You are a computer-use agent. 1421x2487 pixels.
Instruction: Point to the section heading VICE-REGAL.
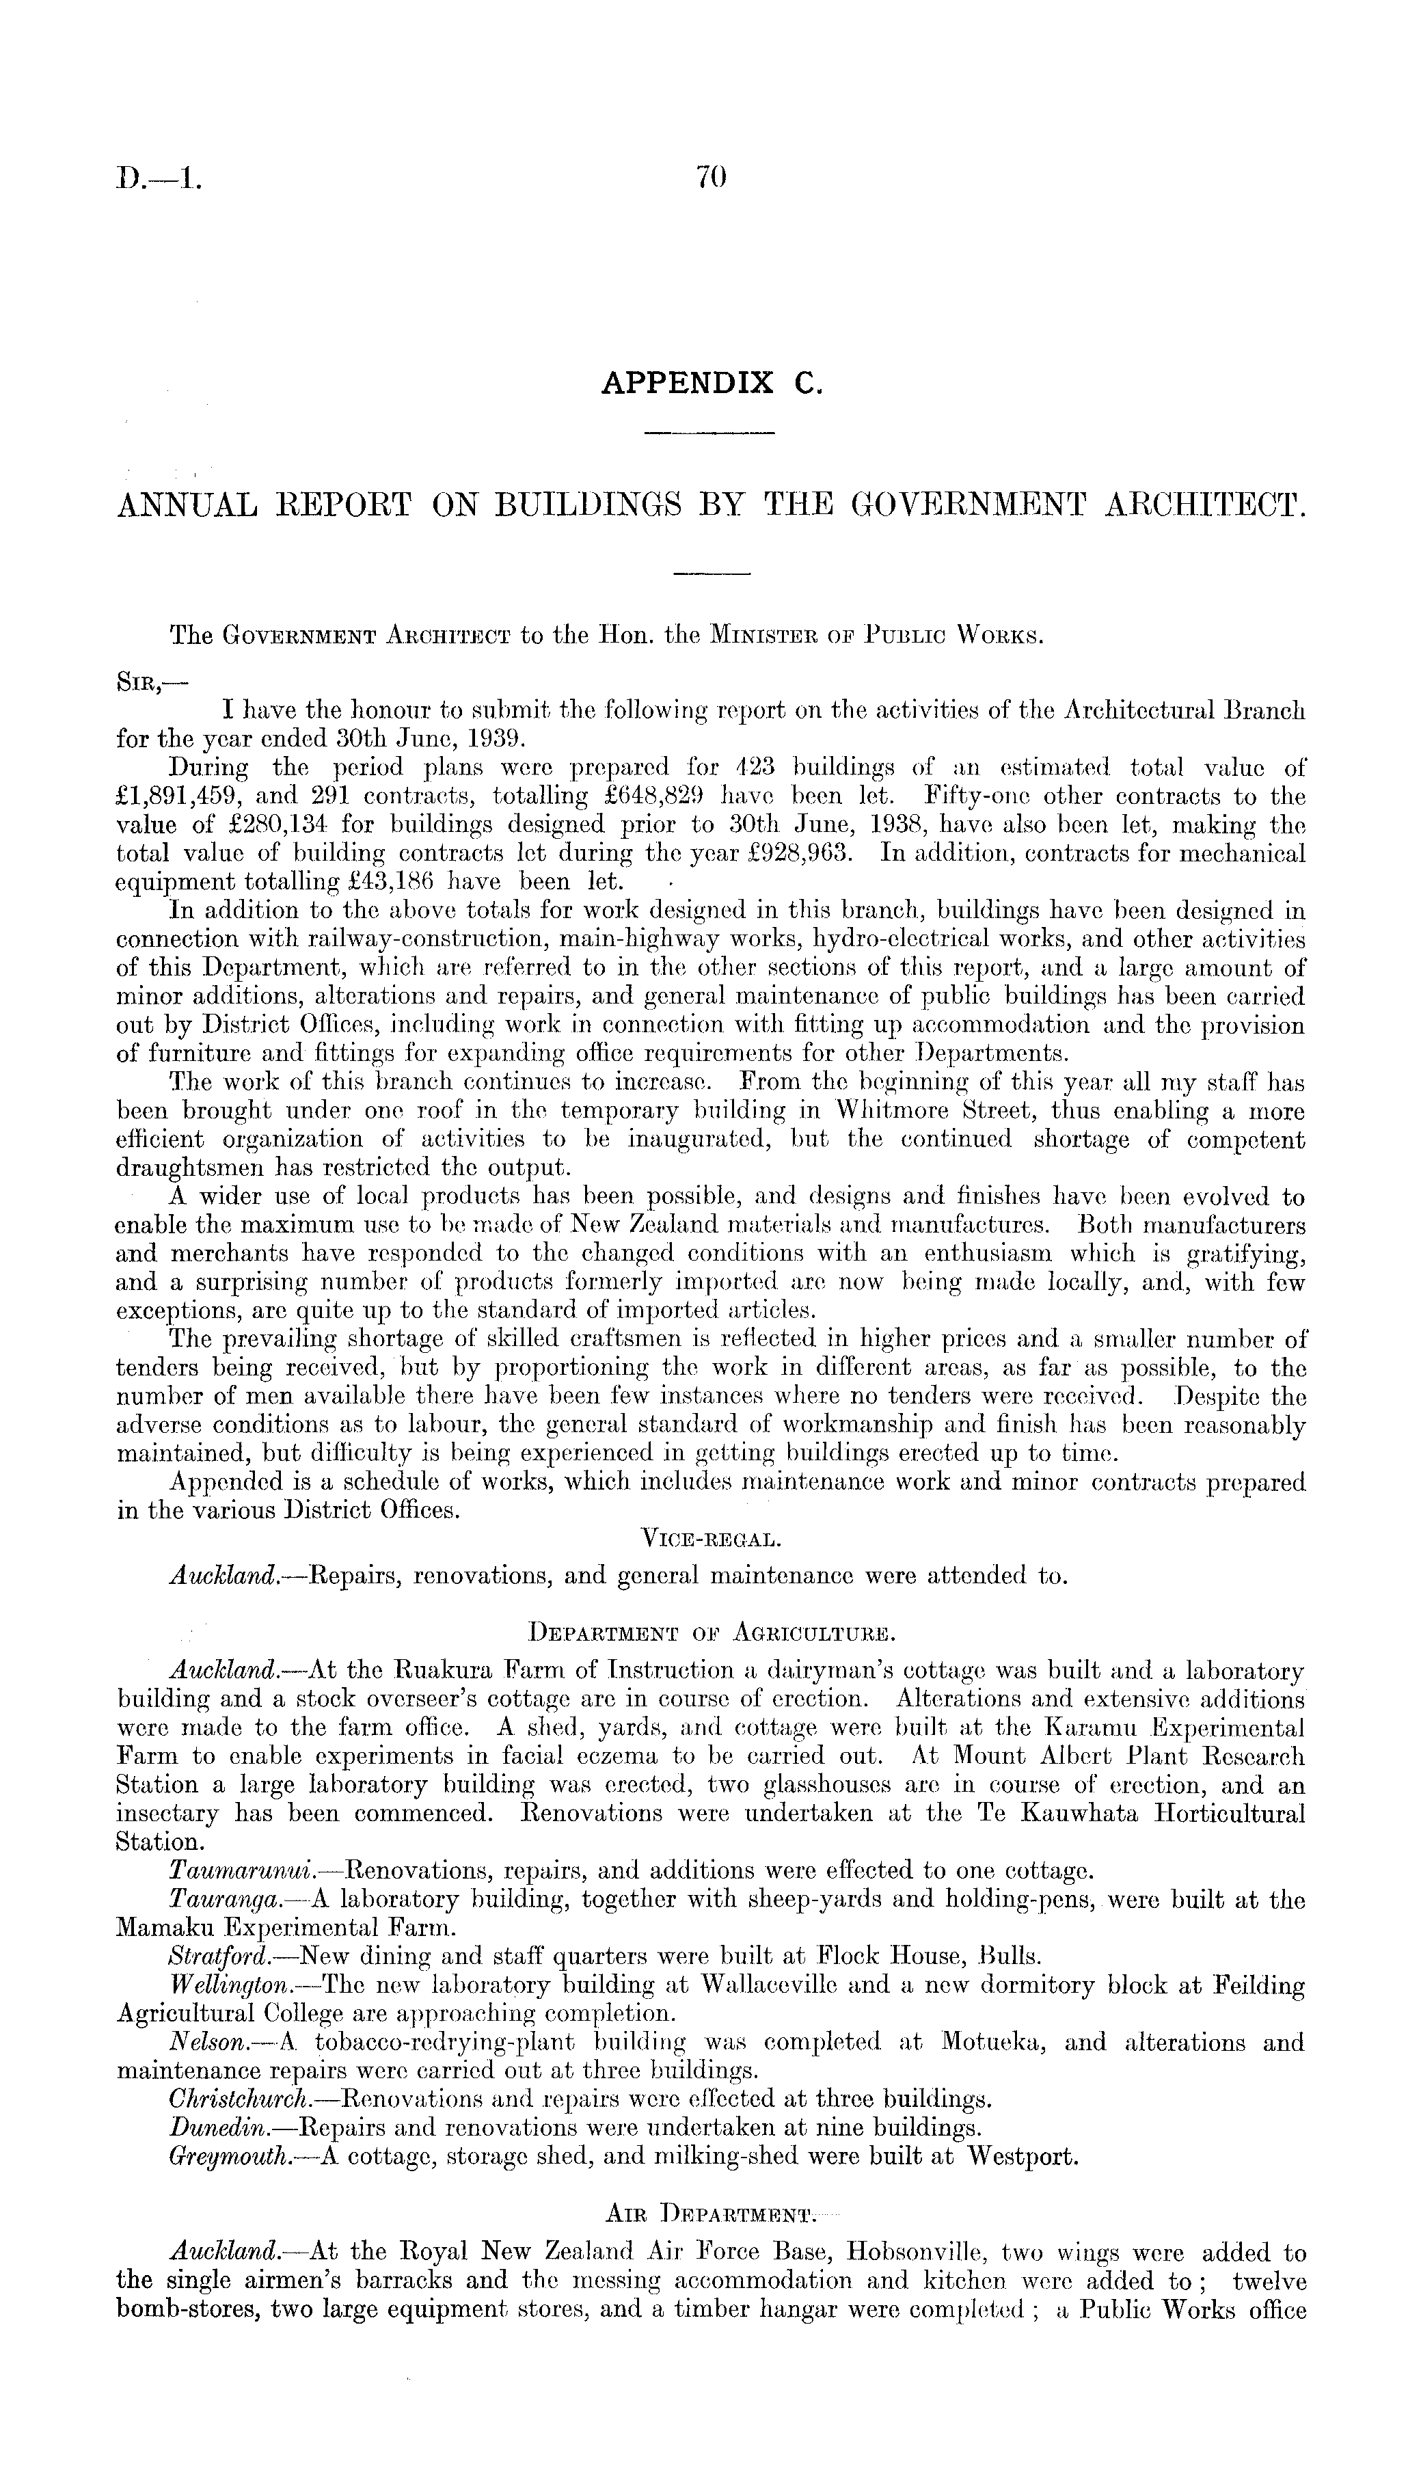point(709,1541)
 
